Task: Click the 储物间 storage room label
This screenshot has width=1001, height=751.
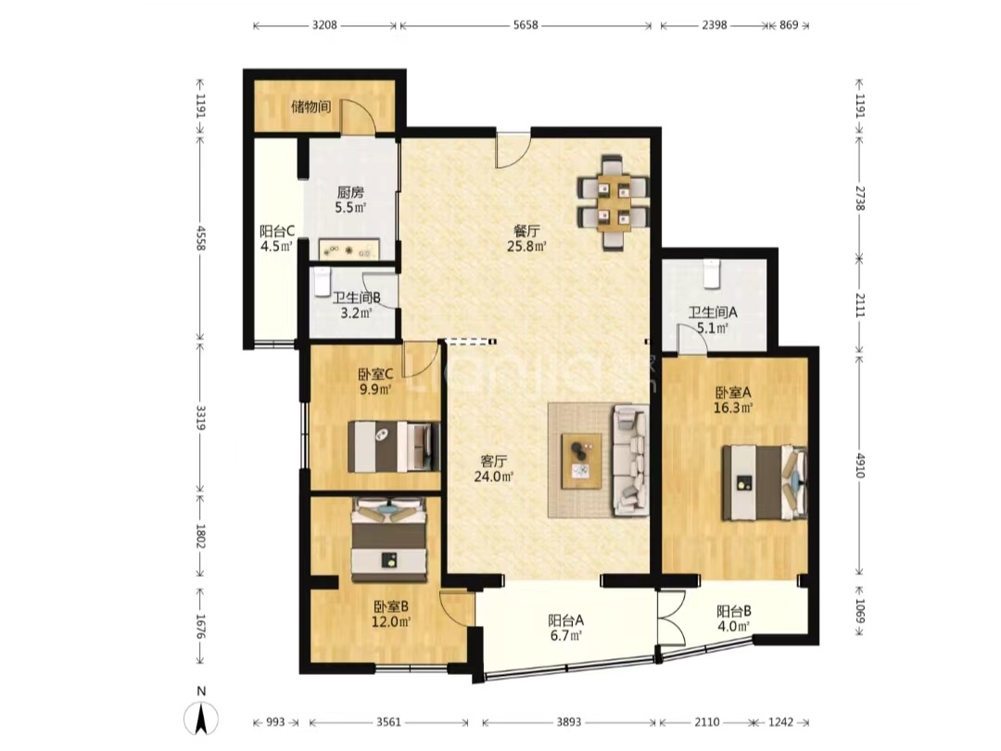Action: pos(310,107)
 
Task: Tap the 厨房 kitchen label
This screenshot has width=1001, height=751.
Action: pos(350,192)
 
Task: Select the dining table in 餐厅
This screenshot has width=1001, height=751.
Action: pos(613,202)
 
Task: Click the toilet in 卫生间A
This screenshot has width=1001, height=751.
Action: pos(711,273)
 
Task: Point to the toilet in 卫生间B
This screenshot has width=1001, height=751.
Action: pos(322,282)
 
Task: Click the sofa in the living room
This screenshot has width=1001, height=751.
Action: pos(630,460)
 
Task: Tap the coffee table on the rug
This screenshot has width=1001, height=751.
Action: pos(581,461)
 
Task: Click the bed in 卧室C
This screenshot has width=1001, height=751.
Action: pos(394,446)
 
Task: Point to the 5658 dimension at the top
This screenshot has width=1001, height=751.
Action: pos(526,26)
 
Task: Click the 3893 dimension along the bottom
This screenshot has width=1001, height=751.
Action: pos(569,722)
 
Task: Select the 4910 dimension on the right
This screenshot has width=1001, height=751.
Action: pos(860,465)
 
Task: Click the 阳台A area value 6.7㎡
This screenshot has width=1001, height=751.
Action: pos(565,635)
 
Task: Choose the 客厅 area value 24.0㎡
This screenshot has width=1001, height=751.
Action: pos(493,476)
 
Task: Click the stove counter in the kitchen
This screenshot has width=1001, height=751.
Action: pos(348,249)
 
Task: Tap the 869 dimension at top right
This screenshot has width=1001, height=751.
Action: pos(789,26)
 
